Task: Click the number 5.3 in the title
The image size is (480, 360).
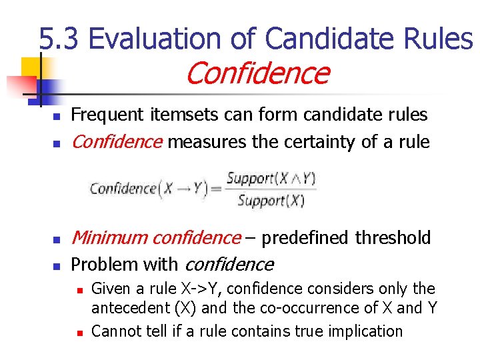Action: pos(59,39)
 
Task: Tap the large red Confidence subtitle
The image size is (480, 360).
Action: pos(257,73)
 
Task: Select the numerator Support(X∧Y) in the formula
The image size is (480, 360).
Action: pos(271,179)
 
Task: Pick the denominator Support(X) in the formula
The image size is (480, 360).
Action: pos(271,200)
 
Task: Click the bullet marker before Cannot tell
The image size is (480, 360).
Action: pos(79,332)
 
